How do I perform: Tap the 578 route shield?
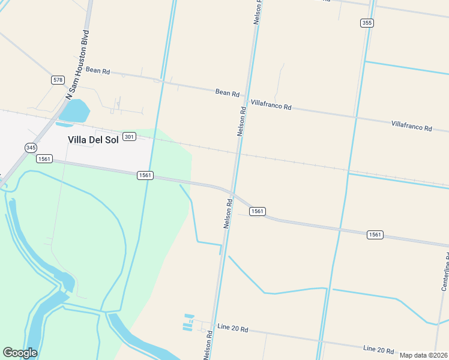pos(58,80)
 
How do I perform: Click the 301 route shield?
pos(129,137)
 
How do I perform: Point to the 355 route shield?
pos(367,23)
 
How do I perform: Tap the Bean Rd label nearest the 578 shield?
pos(98,70)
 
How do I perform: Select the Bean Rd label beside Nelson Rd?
pos(228,93)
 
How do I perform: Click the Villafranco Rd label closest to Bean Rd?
pos(271,104)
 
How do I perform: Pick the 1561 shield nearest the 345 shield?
pos(44,158)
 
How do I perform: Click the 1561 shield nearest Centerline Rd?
pos(375,235)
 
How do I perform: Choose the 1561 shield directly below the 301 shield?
pos(145,175)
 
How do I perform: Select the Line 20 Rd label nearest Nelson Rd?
pos(232,329)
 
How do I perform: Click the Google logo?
pos(20,353)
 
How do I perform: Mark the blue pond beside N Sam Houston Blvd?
pos(74,111)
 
